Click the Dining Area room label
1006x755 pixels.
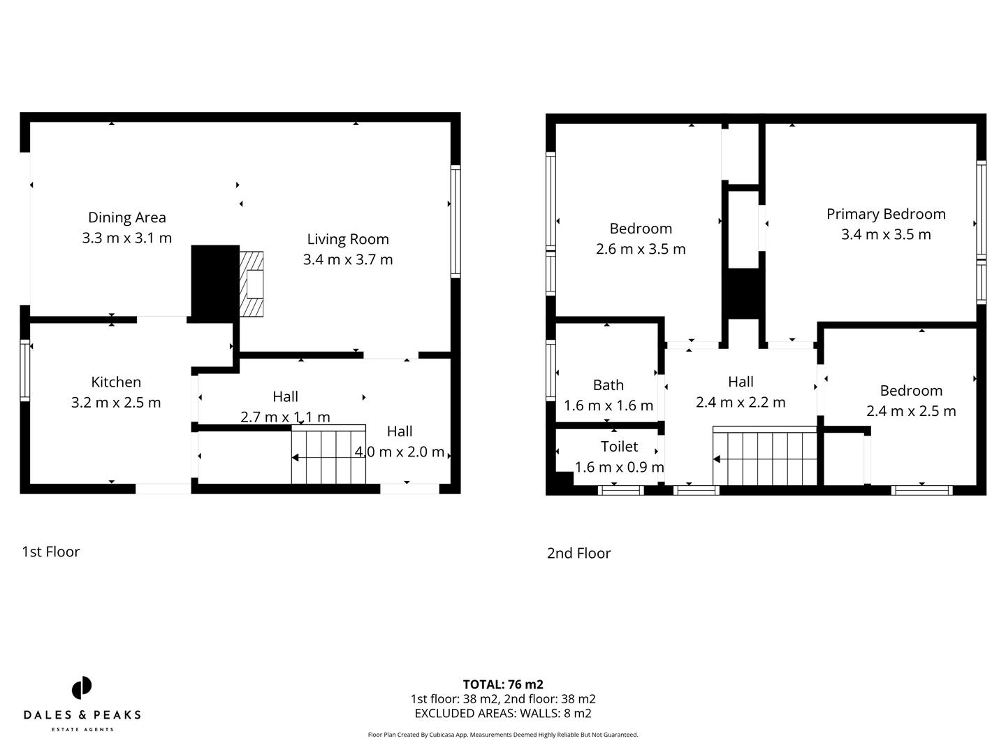126,217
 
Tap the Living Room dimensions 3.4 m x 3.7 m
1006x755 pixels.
347,259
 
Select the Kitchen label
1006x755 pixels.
116,382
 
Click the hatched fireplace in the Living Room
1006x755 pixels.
251,284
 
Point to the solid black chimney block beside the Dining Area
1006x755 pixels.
215,283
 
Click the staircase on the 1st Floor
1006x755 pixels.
328,457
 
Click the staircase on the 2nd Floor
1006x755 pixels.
764,459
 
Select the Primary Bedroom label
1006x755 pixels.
885,214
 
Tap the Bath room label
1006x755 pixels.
608,384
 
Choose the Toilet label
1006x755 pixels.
619,446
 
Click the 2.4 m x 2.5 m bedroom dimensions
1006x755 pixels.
911,411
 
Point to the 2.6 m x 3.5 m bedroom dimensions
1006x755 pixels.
641,249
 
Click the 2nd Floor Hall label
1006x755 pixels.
741,382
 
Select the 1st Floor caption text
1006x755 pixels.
51,552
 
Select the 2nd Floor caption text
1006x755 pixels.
578,553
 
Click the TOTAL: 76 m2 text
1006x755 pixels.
503,684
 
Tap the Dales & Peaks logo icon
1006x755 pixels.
82,688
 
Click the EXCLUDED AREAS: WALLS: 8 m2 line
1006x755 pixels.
503,713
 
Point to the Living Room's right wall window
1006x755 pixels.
455,221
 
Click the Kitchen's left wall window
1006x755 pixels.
25,370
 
